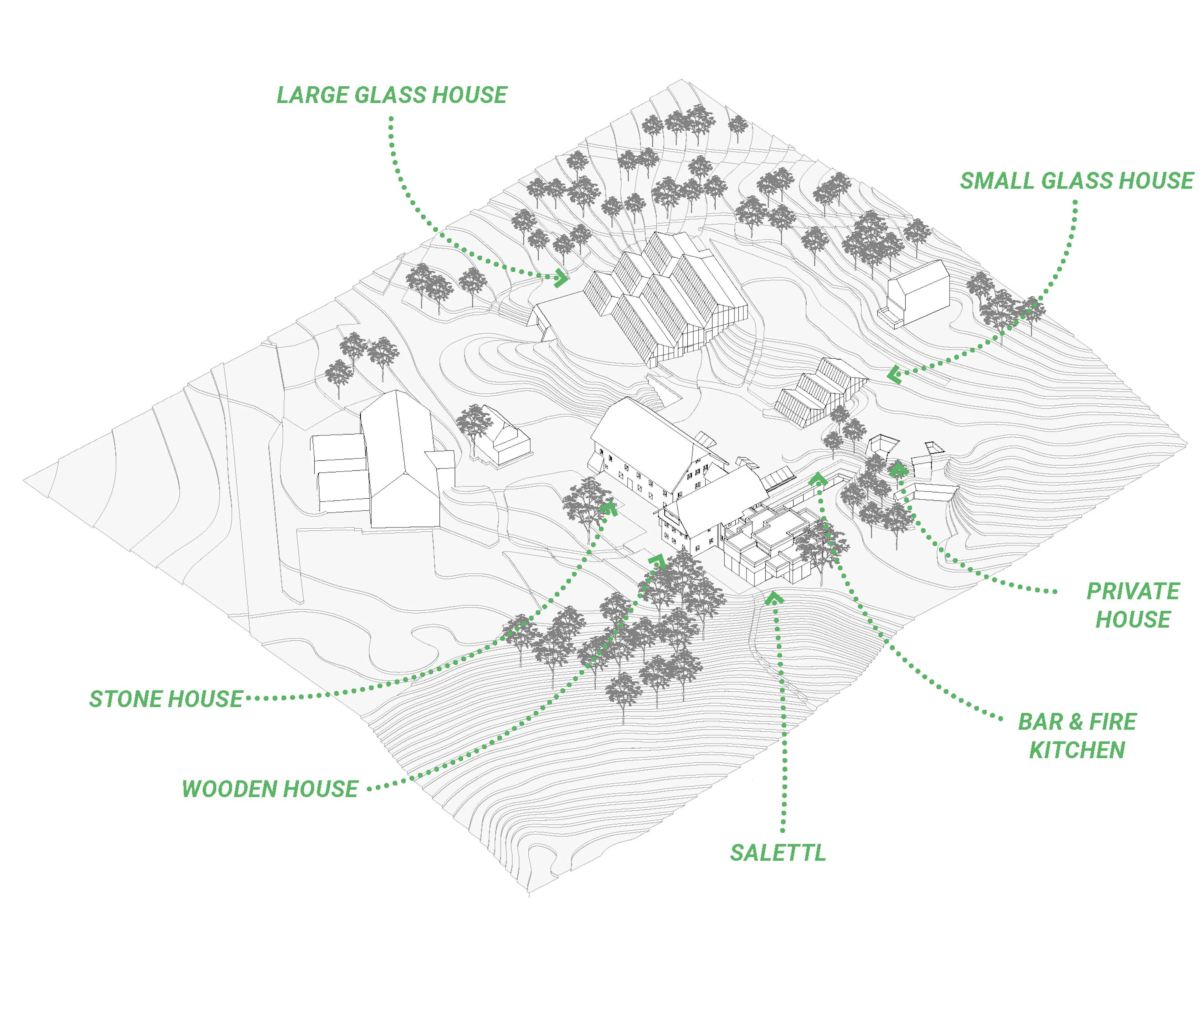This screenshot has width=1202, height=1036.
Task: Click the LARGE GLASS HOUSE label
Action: [392, 95]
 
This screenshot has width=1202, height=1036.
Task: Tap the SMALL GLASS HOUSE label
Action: [1077, 181]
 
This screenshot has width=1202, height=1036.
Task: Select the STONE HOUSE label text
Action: [166, 699]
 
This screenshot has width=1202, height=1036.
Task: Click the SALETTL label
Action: [777, 853]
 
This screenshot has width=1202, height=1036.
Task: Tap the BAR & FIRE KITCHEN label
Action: [1077, 736]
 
